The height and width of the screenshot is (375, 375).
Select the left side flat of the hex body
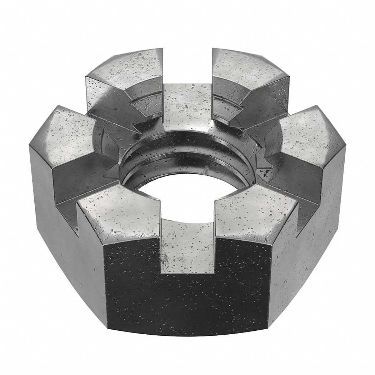[61, 229]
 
